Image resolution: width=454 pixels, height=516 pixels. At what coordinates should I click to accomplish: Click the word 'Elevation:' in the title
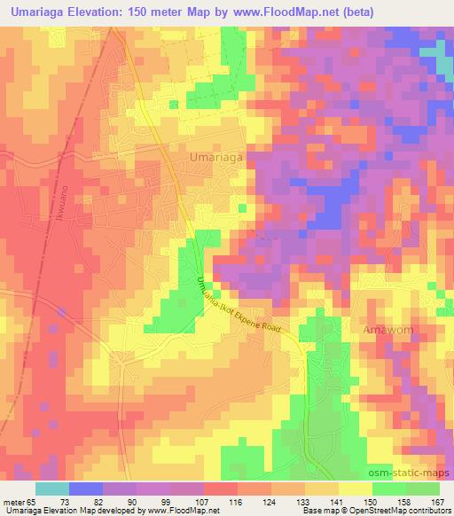point(98,12)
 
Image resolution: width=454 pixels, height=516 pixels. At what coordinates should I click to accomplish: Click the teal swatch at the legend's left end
point(51,489)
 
